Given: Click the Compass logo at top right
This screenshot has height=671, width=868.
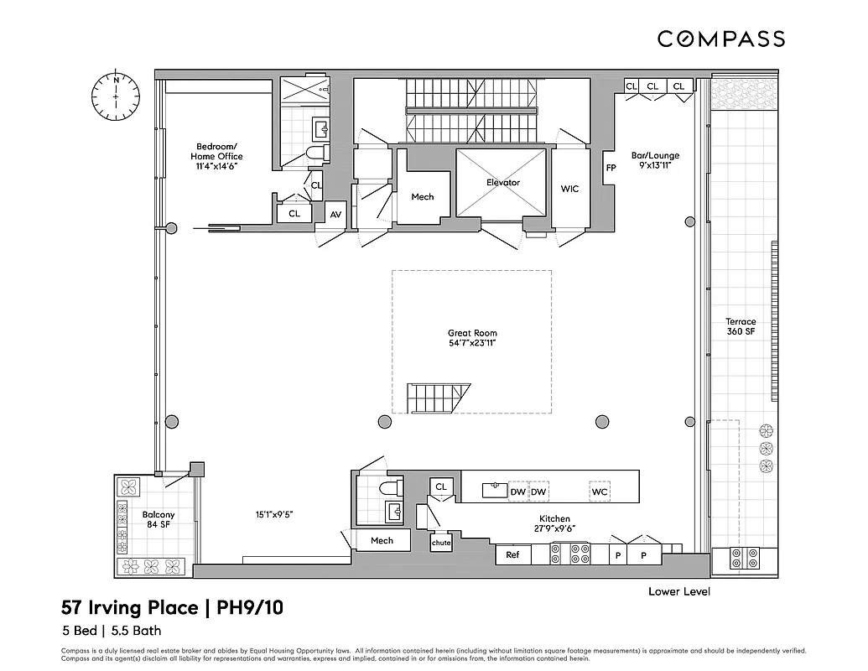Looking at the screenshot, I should pyautogui.click(x=720, y=39).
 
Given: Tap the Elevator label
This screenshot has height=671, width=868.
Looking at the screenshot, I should pyautogui.click(x=503, y=182).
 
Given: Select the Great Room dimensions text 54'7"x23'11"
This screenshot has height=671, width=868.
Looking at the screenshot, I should pyautogui.click(x=472, y=344).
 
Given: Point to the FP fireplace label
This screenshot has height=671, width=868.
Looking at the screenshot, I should pyautogui.click(x=611, y=167).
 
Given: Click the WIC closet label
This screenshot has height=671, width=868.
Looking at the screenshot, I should pyautogui.click(x=569, y=190).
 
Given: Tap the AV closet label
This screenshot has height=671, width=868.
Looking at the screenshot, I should pyautogui.click(x=335, y=215).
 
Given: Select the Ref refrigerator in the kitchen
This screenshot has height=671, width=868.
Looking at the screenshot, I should pyautogui.click(x=512, y=554).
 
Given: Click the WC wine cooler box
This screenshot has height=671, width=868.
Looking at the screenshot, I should pyautogui.click(x=599, y=492).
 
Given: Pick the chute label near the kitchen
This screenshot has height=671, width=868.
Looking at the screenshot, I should pyautogui.click(x=441, y=543).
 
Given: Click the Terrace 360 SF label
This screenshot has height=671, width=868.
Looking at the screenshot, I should pyautogui.click(x=741, y=327).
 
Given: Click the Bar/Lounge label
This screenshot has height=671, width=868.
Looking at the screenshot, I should pyautogui.click(x=655, y=160).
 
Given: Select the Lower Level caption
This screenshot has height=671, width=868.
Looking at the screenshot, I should pyautogui.click(x=679, y=591).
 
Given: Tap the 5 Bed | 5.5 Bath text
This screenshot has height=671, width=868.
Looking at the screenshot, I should pyautogui.click(x=111, y=631).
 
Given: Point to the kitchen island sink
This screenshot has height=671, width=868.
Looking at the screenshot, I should pyautogui.click(x=496, y=491).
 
